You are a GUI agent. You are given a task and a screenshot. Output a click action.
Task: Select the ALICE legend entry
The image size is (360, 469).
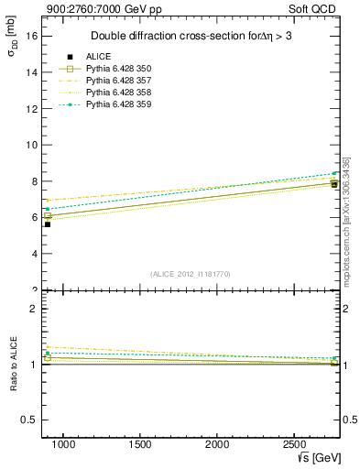[x=99, y=57]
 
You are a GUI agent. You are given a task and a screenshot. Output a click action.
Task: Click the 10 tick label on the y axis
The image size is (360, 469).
[x=32, y=145]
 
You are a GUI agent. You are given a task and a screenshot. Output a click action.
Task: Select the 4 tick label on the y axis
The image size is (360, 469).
[x=34, y=254]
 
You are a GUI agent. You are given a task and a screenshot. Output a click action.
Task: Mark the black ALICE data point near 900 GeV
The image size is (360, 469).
[x=48, y=224]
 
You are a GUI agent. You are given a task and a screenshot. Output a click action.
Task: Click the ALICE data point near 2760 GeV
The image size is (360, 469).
[x=334, y=184]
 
